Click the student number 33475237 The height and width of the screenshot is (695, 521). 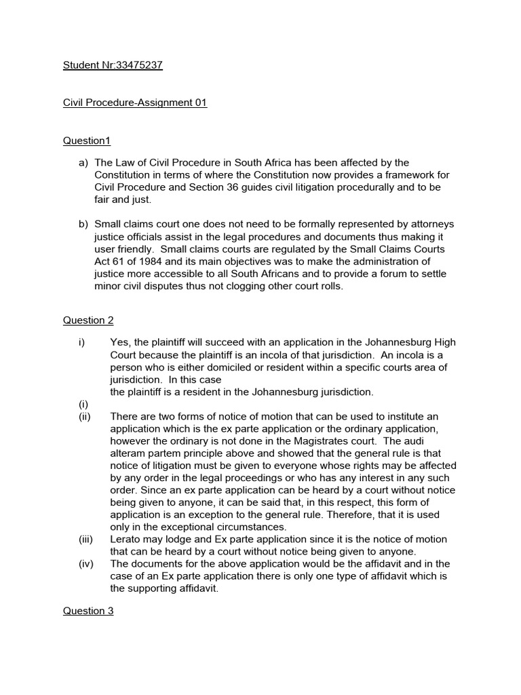coord(139,65)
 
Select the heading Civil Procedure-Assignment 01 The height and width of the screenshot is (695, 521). coord(135,102)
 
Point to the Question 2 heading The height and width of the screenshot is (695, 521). coord(88,320)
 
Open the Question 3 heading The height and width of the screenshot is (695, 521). coord(88,611)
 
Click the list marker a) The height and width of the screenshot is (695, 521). coord(83,162)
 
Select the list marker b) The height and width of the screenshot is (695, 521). coord(83,224)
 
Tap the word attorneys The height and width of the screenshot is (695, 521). coord(425,224)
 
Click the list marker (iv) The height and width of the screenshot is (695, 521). coord(87,563)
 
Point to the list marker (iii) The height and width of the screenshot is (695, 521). coord(86,539)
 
